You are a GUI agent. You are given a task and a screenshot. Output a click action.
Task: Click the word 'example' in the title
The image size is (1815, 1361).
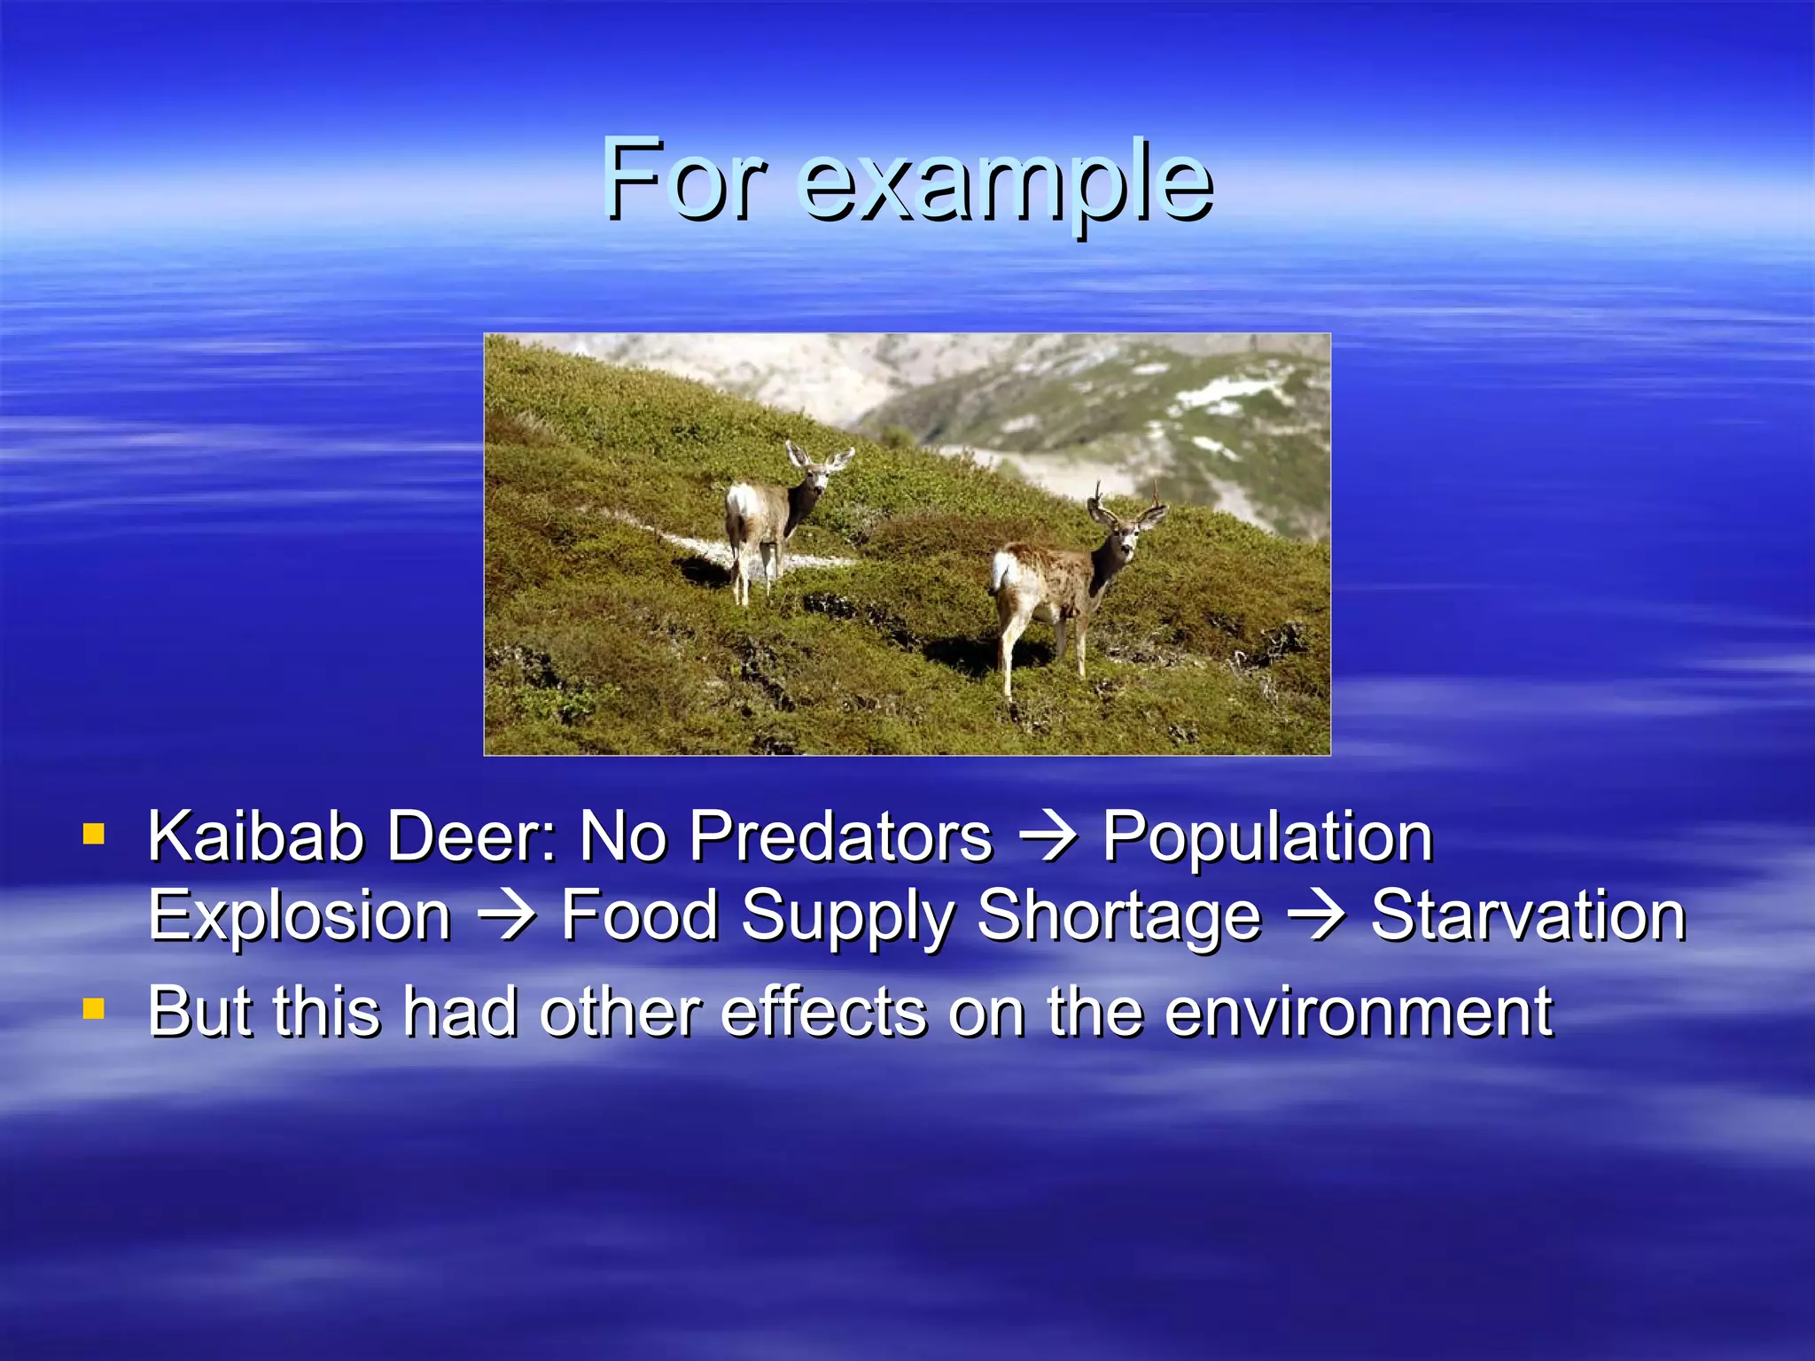pyautogui.click(x=1006, y=184)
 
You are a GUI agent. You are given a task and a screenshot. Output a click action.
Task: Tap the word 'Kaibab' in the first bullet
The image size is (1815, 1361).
pyautogui.click(x=256, y=836)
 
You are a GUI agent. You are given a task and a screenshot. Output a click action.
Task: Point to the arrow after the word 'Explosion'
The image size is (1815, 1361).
pyautogui.click(x=506, y=916)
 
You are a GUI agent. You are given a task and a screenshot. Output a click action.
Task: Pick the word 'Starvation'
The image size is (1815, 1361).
pyautogui.click(x=1528, y=916)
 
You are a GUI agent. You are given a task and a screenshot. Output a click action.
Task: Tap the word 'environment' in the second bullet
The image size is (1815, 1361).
pyautogui.click(x=1358, y=1012)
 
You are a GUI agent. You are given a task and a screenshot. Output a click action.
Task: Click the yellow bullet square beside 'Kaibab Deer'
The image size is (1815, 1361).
pyautogui.click(x=94, y=834)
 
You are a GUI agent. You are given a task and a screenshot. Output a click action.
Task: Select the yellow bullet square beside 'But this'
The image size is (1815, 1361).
pyautogui.click(x=94, y=1009)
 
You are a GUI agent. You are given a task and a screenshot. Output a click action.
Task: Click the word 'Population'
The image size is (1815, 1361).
pyautogui.click(x=1267, y=838)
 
